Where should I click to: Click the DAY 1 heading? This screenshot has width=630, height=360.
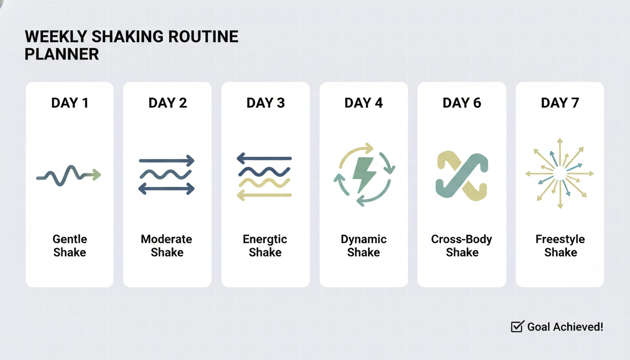pos(69,103)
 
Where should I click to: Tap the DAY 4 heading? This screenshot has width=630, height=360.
pos(363,103)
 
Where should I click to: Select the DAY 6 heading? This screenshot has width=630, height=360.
pos(462,103)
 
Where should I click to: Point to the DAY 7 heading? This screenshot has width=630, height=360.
pos(560,103)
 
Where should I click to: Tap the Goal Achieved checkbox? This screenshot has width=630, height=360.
pos(517,327)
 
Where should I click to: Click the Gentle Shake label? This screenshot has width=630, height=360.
pos(70,246)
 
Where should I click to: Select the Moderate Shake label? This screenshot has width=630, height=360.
pos(167,246)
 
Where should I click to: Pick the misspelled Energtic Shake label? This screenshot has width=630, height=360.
pos(265,246)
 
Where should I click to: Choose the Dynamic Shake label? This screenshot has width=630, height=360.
pos(363,246)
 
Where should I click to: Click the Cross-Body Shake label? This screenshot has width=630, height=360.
pos(462,246)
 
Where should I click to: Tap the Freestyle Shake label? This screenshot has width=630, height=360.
pos(560,246)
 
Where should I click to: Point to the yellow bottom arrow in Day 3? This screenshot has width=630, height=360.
pos(264,195)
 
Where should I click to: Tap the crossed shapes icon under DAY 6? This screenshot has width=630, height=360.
pos(462,176)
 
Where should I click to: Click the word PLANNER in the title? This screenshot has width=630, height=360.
pos(61,54)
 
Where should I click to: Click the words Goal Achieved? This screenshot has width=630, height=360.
pos(565,327)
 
